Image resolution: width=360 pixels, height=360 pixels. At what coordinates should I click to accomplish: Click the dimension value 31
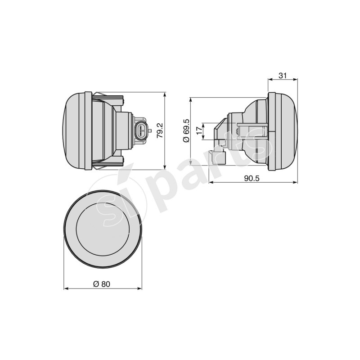[283, 76]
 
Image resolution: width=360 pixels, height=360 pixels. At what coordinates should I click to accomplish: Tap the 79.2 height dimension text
[159, 131]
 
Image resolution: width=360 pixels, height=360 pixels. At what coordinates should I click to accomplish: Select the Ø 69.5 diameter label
[186, 131]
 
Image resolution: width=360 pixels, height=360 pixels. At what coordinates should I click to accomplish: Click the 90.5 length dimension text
[252, 178]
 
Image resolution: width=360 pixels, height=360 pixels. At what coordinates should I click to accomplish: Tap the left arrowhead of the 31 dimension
[270, 80]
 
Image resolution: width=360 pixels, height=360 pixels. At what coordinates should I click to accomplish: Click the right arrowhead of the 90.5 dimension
[296, 183]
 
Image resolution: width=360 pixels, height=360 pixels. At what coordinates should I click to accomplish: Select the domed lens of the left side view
[72, 131]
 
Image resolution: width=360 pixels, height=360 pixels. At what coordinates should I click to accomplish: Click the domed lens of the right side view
[288, 131]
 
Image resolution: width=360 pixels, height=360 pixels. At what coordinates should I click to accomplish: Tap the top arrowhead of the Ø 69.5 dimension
[191, 99]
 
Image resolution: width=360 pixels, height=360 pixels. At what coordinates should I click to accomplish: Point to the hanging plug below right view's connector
[223, 156]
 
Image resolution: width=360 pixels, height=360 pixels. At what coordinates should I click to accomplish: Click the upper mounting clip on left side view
[108, 98]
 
